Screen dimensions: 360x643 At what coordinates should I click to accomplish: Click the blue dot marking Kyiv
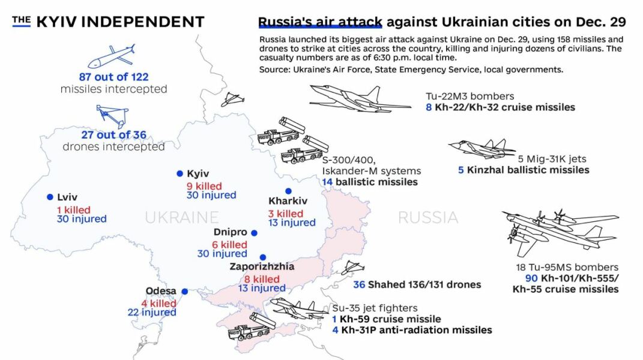point(180,173)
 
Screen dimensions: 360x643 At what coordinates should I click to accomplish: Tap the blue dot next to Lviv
point(49,197)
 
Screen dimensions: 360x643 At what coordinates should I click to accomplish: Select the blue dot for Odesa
point(185,292)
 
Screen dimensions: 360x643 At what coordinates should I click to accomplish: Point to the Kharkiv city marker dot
point(288,191)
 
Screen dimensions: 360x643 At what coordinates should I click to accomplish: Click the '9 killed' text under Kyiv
point(204,186)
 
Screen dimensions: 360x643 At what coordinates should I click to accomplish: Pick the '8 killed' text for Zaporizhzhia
point(262,279)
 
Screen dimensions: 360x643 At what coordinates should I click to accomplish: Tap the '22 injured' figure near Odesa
point(151,312)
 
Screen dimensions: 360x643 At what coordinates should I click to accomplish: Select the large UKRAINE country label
point(181,217)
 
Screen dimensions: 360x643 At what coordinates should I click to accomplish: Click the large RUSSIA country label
point(428,217)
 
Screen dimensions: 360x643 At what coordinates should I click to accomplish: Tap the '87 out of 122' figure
point(113,77)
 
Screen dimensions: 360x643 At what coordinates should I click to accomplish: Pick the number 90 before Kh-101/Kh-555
point(531,278)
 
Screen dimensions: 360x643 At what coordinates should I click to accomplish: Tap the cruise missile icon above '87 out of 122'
point(112,56)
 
